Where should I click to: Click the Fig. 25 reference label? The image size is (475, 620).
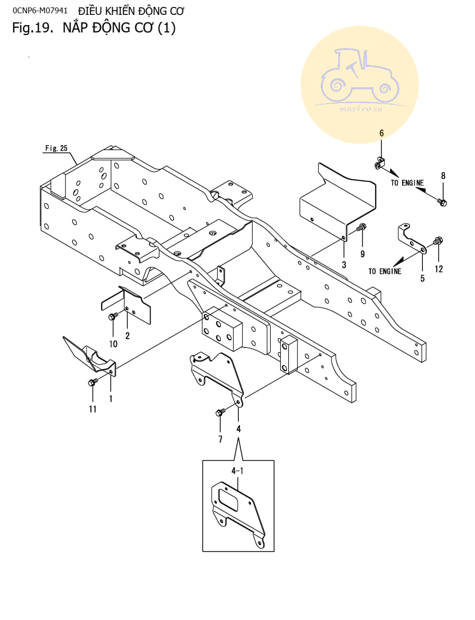pos(56,148)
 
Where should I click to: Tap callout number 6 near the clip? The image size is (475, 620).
pos(381,133)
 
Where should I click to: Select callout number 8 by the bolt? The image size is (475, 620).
pos(443,175)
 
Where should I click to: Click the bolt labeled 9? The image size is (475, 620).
pos(361,228)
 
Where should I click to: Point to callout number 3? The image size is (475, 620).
pos(344,264)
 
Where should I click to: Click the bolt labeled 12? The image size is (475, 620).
pos(438,241)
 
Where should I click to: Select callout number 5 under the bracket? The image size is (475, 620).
pos(423,278)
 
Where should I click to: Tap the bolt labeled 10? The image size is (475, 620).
pos(112,317)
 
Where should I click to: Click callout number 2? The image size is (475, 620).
pos(127,336)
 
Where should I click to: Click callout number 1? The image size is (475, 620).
pos(111,397)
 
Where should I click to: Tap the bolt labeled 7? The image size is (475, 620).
pos(219,413)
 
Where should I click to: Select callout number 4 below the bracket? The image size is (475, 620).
pos(238,429)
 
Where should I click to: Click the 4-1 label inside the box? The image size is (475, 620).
pos(237,471)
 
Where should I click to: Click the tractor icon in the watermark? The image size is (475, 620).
pos(360,77)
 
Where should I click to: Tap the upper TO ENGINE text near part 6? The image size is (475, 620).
pos(407,183)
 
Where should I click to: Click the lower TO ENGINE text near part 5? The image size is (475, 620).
pos(385,271)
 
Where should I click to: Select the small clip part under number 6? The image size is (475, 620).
pos(380,163)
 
